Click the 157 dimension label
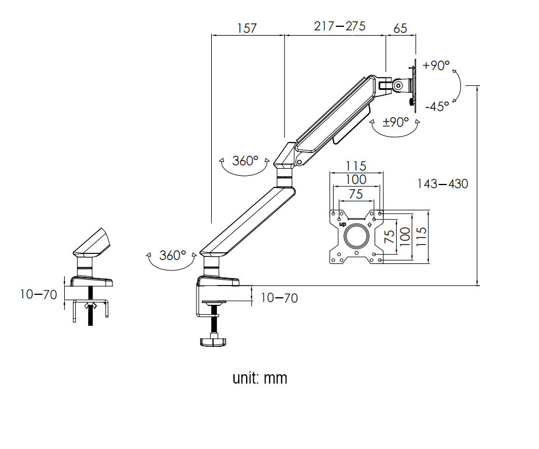(x=247, y=28)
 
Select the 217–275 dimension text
(x=339, y=26)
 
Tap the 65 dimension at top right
(x=400, y=28)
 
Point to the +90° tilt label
(x=436, y=65)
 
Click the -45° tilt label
(x=437, y=106)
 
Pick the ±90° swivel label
(x=395, y=122)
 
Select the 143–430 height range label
(x=442, y=184)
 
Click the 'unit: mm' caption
(x=260, y=378)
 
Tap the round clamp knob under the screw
(x=213, y=342)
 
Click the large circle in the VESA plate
(x=356, y=235)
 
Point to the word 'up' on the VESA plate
(x=343, y=224)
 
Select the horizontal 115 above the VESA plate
(x=356, y=166)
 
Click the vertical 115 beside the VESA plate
(x=421, y=236)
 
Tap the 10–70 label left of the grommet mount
(x=38, y=294)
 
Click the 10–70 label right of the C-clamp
(x=279, y=298)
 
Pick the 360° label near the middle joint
(x=245, y=161)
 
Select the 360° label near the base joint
(x=173, y=255)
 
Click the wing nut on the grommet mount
(x=91, y=305)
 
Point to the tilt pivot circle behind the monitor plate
(x=398, y=85)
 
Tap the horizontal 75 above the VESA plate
(x=356, y=194)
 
